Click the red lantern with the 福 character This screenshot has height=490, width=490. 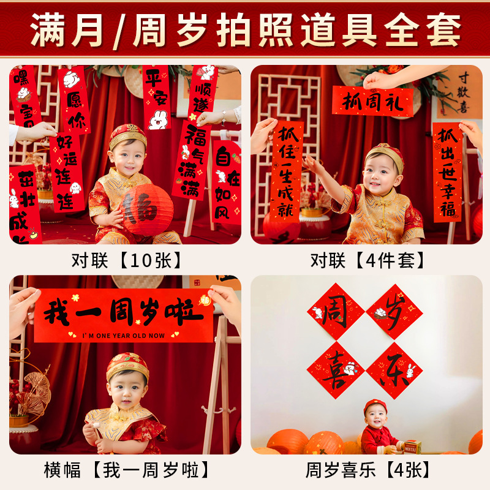point(146,209)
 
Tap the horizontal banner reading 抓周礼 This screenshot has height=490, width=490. point(372,102)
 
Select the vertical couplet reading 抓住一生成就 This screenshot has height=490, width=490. point(286,171)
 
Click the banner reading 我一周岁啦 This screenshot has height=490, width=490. point(123,315)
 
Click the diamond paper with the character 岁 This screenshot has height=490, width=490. point(394,311)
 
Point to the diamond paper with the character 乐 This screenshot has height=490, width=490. point(394,370)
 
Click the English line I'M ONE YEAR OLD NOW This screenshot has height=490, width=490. point(123,335)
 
